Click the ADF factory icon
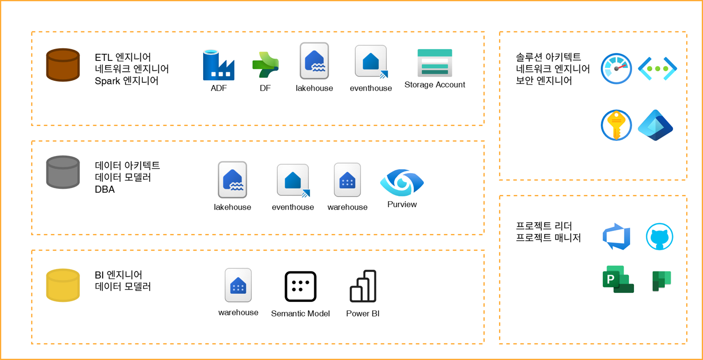(x=218, y=65)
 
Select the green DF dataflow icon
(x=265, y=65)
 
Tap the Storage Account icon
(x=435, y=63)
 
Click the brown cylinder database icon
(x=63, y=65)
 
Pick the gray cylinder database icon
(x=63, y=172)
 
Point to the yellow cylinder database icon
(x=63, y=285)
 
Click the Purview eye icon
(x=402, y=183)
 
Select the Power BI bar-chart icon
(x=363, y=286)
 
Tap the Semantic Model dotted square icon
(x=300, y=286)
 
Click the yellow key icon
(x=616, y=126)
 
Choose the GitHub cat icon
(x=659, y=236)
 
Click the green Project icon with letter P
(x=617, y=279)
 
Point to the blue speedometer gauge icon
(x=616, y=69)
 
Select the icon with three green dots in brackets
(x=657, y=69)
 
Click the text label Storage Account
(x=435, y=85)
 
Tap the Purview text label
(x=402, y=204)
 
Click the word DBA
(x=105, y=190)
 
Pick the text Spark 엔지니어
(x=127, y=80)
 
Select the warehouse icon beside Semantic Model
(x=238, y=285)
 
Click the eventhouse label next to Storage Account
(x=371, y=88)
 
